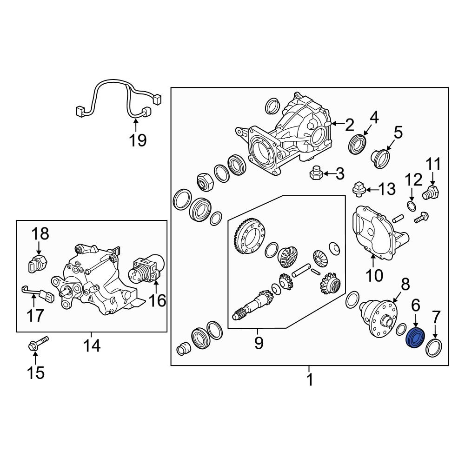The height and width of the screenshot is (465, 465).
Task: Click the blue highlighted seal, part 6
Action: [x=415, y=338]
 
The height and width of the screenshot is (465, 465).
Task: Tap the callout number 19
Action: [x=138, y=140]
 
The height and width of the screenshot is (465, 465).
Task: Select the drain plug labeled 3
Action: [x=316, y=173]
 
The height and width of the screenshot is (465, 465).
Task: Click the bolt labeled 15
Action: [x=38, y=344]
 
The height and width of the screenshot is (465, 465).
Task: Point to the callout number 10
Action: [x=374, y=275]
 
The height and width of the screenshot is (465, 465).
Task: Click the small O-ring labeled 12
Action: [x=412, y=206]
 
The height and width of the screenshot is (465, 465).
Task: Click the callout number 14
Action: [x=92, y=345]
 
